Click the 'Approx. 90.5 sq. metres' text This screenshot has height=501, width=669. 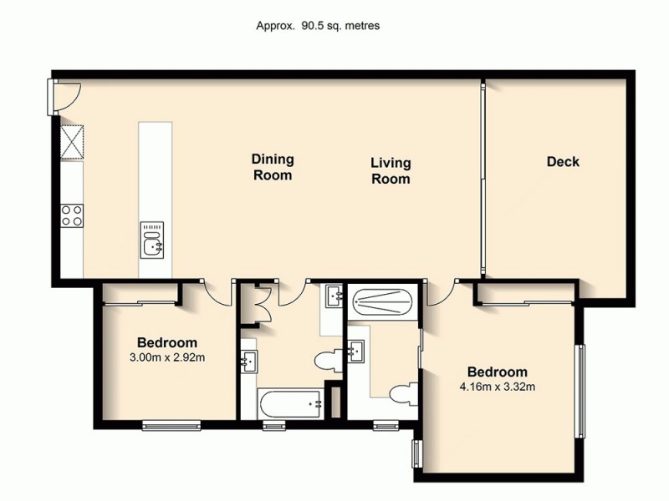tap(318, 25)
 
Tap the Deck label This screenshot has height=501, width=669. tap(563, 162)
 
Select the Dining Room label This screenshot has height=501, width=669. tap(273, 167)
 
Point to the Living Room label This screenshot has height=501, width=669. tap(391, 170)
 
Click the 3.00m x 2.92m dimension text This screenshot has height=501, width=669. tap(166, 358)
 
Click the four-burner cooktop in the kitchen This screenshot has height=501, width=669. tap(72, 215)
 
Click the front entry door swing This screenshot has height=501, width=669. tap(65, 99)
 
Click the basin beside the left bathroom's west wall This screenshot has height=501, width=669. tap(249, 362)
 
